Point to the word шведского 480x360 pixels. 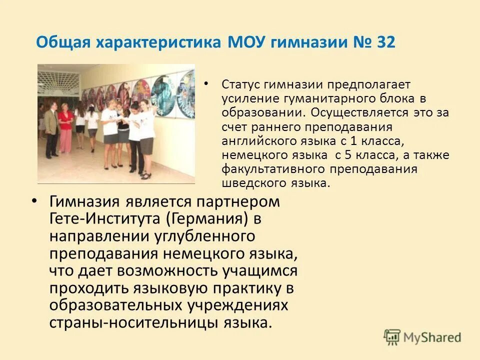(249, 182)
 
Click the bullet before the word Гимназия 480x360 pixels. (34, 201)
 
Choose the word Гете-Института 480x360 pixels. (106, 219)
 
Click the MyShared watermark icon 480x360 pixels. (392, 336)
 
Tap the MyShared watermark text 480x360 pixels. (432, 337)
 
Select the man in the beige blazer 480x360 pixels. (51, 130)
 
